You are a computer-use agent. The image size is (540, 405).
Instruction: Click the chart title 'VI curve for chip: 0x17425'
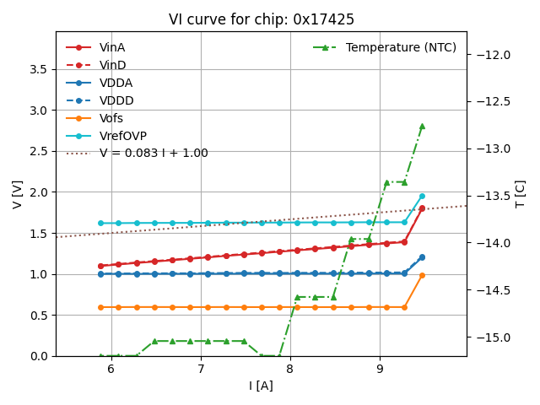tap(262, 19)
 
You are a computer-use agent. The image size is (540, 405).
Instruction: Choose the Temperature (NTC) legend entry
tap(401, 47)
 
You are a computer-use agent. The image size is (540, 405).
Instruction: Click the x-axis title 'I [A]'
tap(261, 386)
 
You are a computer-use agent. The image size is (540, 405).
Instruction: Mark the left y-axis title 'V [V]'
tap(18, 194)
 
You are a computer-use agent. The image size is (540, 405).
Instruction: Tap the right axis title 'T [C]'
tap(520, 194)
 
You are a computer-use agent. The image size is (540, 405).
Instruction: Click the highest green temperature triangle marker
tap(422, 126)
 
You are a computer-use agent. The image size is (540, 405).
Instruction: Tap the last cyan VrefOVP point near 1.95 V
tap(422, 196)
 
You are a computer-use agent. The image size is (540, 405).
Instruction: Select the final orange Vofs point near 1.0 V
tap(422, 275)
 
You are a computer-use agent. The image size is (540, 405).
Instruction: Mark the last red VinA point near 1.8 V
tap(422, 208)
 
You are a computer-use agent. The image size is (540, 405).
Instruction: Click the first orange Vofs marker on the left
tap(100, 307)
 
